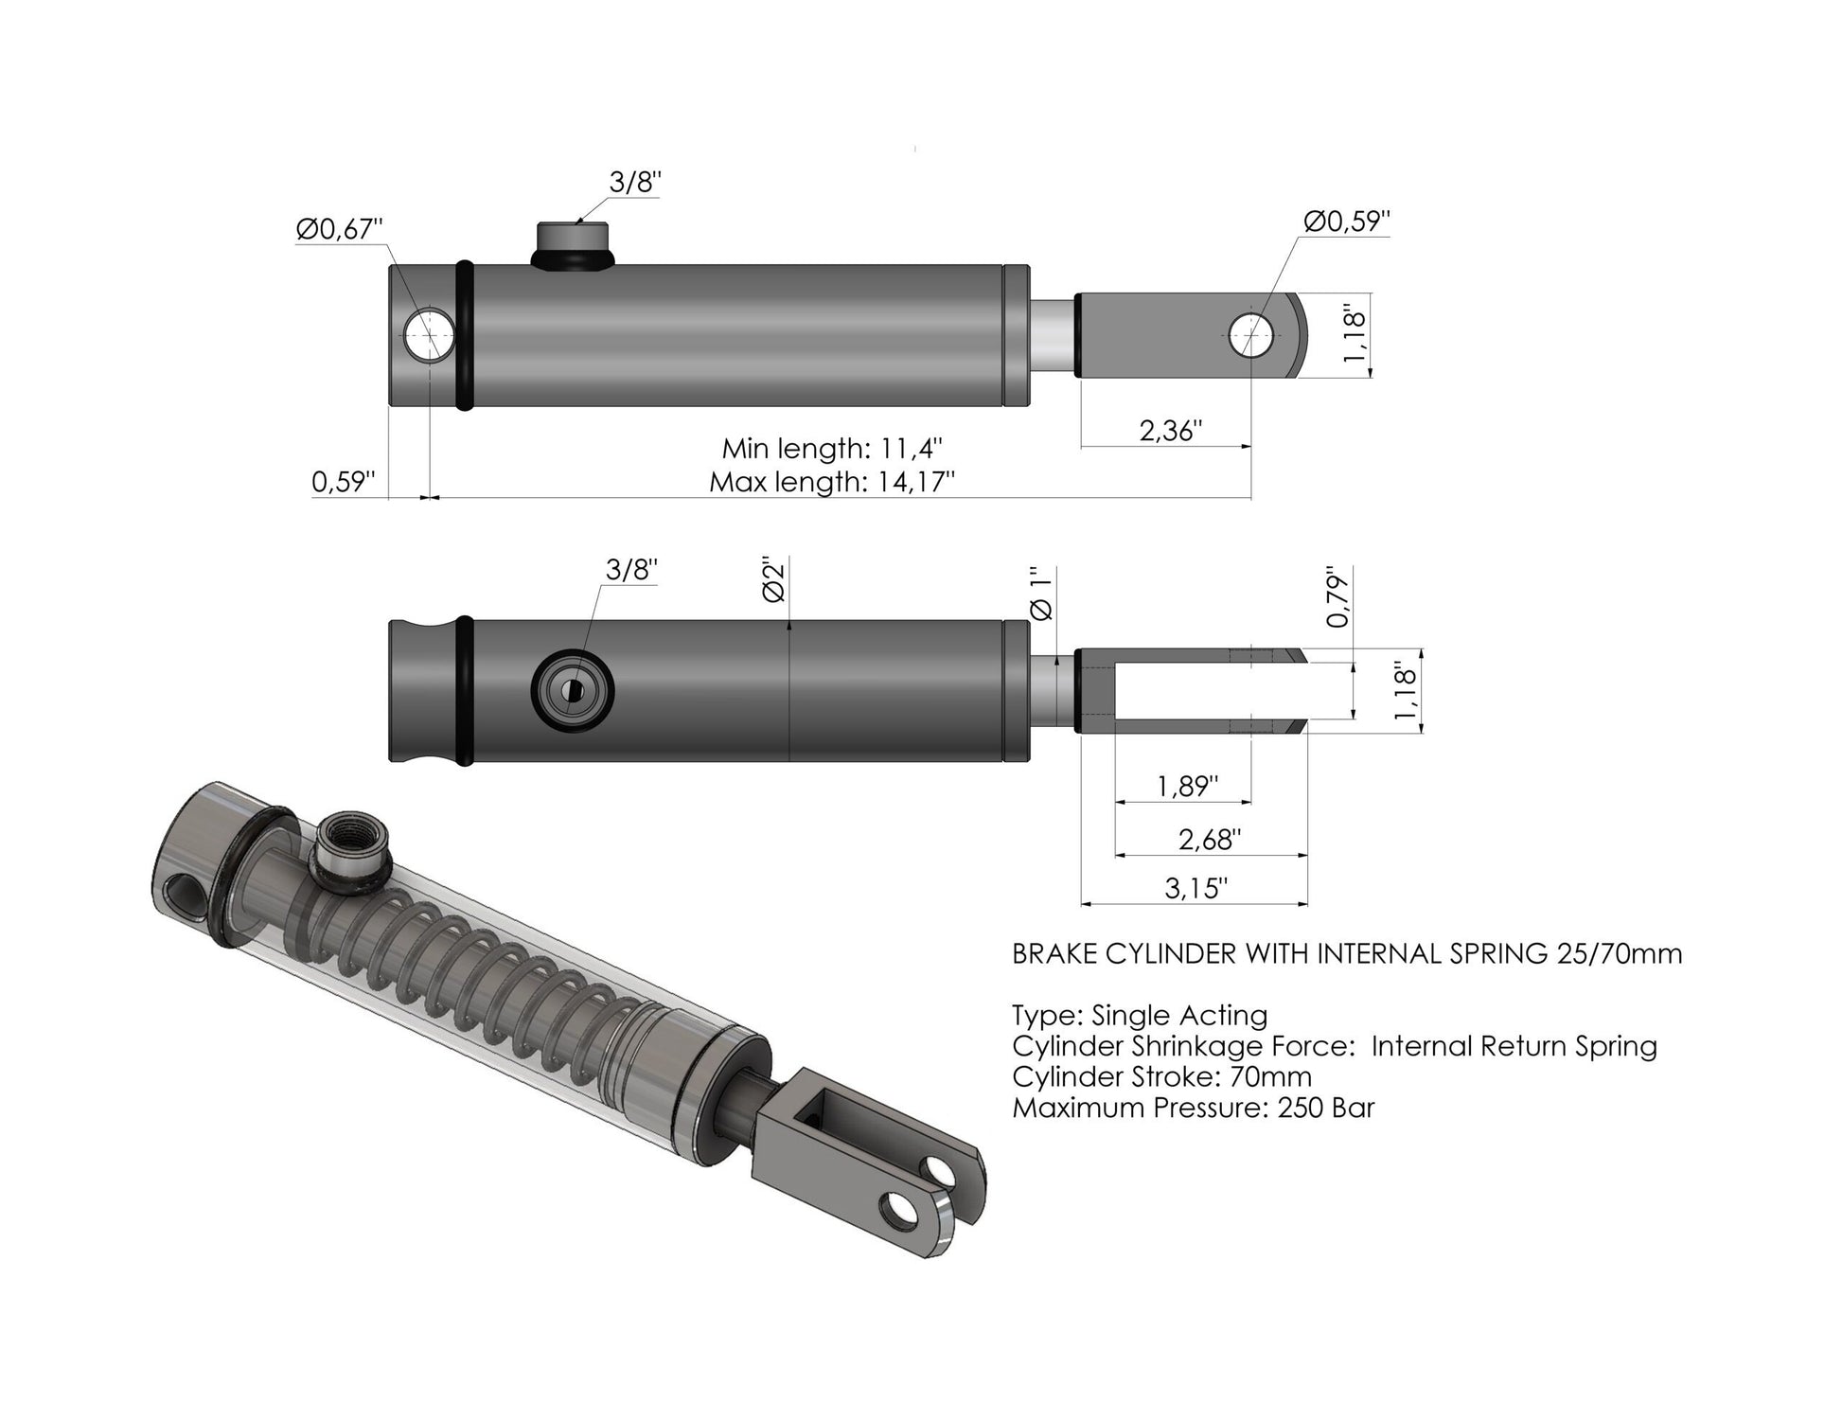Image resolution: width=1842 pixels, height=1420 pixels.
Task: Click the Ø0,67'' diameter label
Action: (x=339, y=230)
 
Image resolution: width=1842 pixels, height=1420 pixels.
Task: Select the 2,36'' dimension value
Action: (x=1170, y=431)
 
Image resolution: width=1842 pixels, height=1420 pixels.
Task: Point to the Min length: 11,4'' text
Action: (x=832, y=448)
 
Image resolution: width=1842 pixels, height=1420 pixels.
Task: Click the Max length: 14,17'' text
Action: (x=832, y=483)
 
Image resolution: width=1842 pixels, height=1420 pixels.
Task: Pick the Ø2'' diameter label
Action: (x=773, y=579)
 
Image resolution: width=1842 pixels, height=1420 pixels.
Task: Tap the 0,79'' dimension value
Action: (x=1337, y=597)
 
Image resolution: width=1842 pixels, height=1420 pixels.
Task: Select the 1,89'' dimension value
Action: (x=1187, y=786)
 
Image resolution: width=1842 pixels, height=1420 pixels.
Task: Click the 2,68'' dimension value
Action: (x=1210, y=839)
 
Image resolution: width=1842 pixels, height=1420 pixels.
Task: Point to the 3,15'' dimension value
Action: (x=1196, y=888)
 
